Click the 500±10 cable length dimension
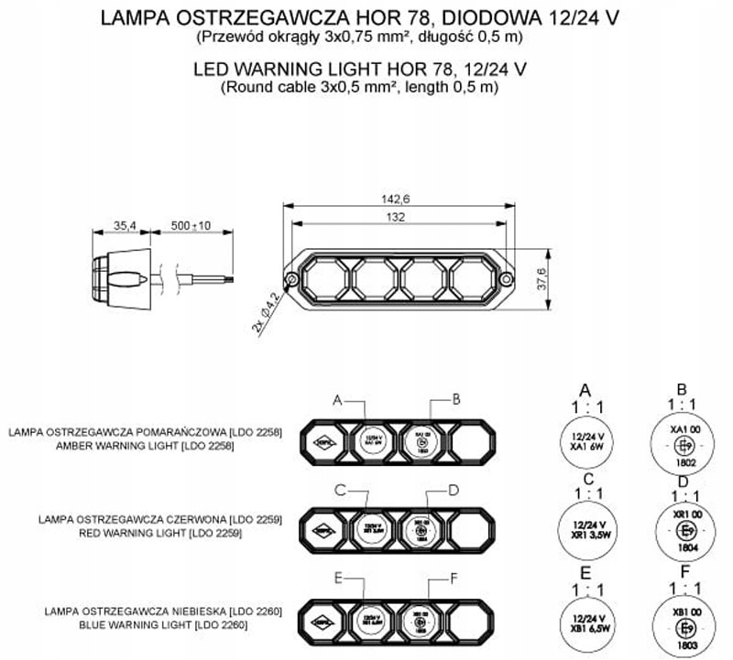point(191,225)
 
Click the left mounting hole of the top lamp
point(290,278)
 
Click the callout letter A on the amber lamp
point(337,400)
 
